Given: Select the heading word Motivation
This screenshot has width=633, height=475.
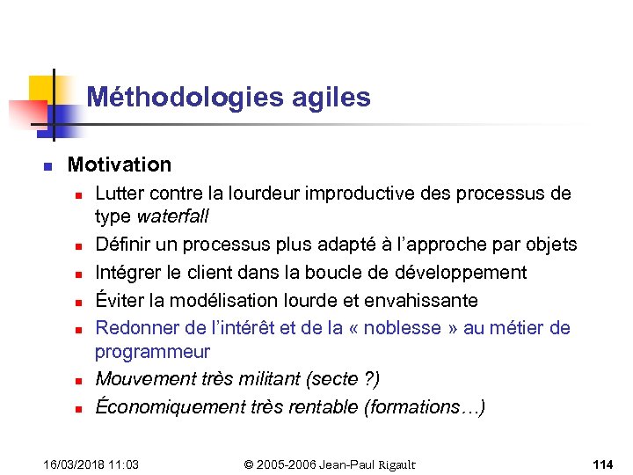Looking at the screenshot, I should (120, 164).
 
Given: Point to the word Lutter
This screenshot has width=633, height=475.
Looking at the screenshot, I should (120, 193).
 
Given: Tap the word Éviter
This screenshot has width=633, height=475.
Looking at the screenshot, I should (119, 300).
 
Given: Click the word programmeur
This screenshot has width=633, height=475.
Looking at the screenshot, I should (152, 351).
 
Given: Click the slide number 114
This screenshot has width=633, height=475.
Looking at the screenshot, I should (602, 464).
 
